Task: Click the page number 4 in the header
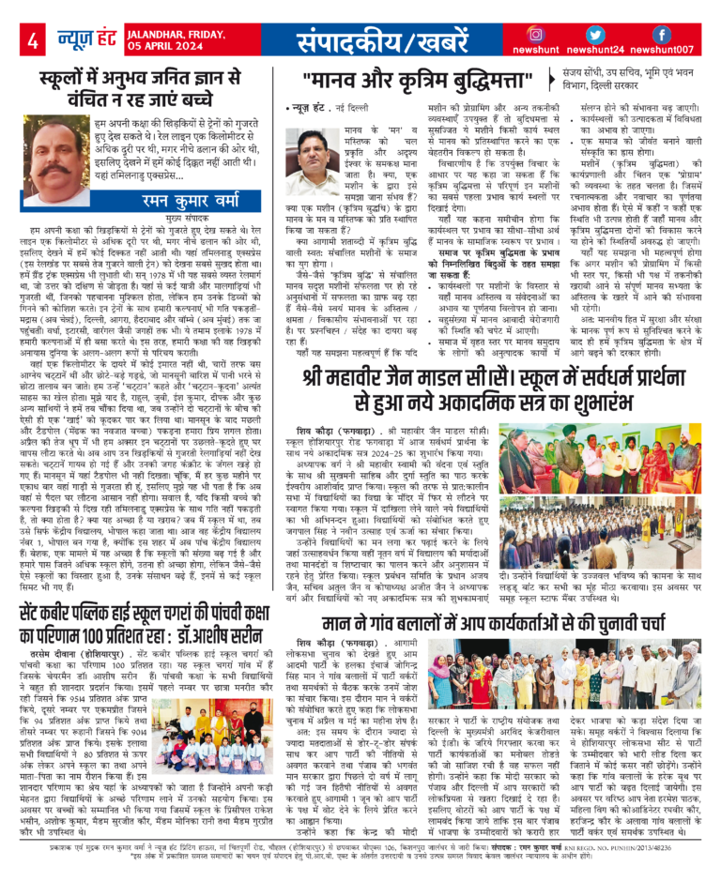[32, 41]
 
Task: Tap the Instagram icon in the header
[562, 35]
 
